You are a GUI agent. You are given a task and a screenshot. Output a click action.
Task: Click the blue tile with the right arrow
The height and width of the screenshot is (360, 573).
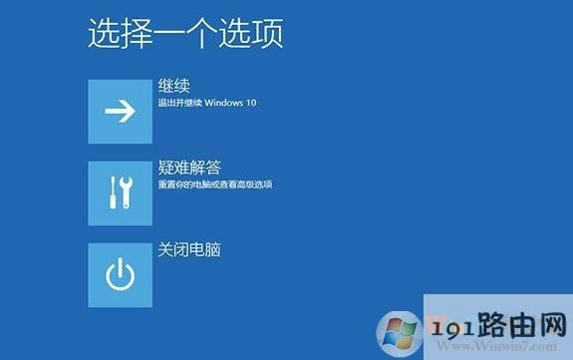[x=120, y=112]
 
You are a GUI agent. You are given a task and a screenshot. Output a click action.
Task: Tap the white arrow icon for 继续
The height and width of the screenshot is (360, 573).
[x=120, y=112]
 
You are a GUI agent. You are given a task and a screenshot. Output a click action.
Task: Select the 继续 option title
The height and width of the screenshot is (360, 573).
[x=173, y=86]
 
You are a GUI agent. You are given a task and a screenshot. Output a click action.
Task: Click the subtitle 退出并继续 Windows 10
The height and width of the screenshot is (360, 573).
[x=207, y=103]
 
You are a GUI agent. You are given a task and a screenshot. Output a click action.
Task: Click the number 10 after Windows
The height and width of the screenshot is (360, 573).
[x=251, y=103]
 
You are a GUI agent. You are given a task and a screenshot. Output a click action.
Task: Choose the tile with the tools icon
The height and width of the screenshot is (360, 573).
[x=120, y=193]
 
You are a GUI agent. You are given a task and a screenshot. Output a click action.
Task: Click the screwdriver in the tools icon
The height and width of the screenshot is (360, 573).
[x=128, y=193]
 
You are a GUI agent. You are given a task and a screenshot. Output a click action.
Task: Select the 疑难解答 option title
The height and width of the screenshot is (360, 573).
[x=189, y=169]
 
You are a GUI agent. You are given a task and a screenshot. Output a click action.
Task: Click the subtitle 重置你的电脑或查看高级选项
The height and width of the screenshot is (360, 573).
[x=215, y=184]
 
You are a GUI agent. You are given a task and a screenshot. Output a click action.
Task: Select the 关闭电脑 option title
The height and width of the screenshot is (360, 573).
[x=189, y=249]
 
